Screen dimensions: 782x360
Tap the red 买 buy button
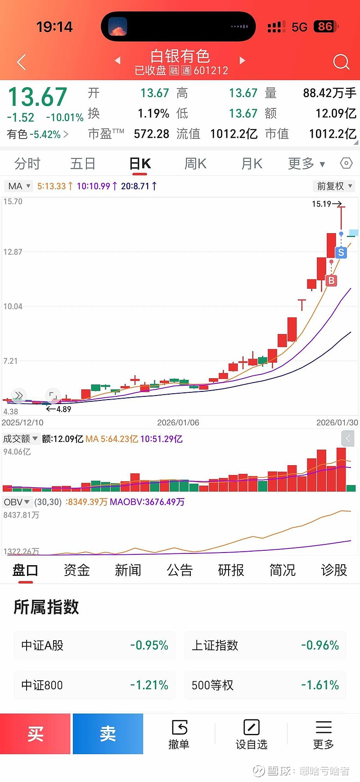coord(35,734)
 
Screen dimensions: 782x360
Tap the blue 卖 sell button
coord(108,734)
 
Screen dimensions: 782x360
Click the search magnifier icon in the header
coord(341,62)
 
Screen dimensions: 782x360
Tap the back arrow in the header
coord(21,62)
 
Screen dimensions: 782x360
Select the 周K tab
coord(195,164)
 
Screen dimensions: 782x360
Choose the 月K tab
coord(252,164)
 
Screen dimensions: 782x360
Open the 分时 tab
coord(27,164)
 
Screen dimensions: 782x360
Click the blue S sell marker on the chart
coord(341,252)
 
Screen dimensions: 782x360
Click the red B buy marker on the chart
coord(331,280)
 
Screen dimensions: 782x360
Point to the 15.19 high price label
coord(321,204)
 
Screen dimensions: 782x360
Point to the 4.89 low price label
coord(63,409)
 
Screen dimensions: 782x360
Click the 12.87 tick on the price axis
coord(13,252)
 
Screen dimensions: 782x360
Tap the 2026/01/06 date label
coord(178,422)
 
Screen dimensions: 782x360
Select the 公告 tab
coord(180,571)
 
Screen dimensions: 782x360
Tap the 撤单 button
coord(179,734)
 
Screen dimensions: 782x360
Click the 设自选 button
coord(251,734)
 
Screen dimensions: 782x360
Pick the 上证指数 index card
coord(265,645)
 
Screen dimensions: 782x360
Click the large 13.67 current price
coord(38,97)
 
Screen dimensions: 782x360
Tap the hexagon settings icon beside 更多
coord(346,163)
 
